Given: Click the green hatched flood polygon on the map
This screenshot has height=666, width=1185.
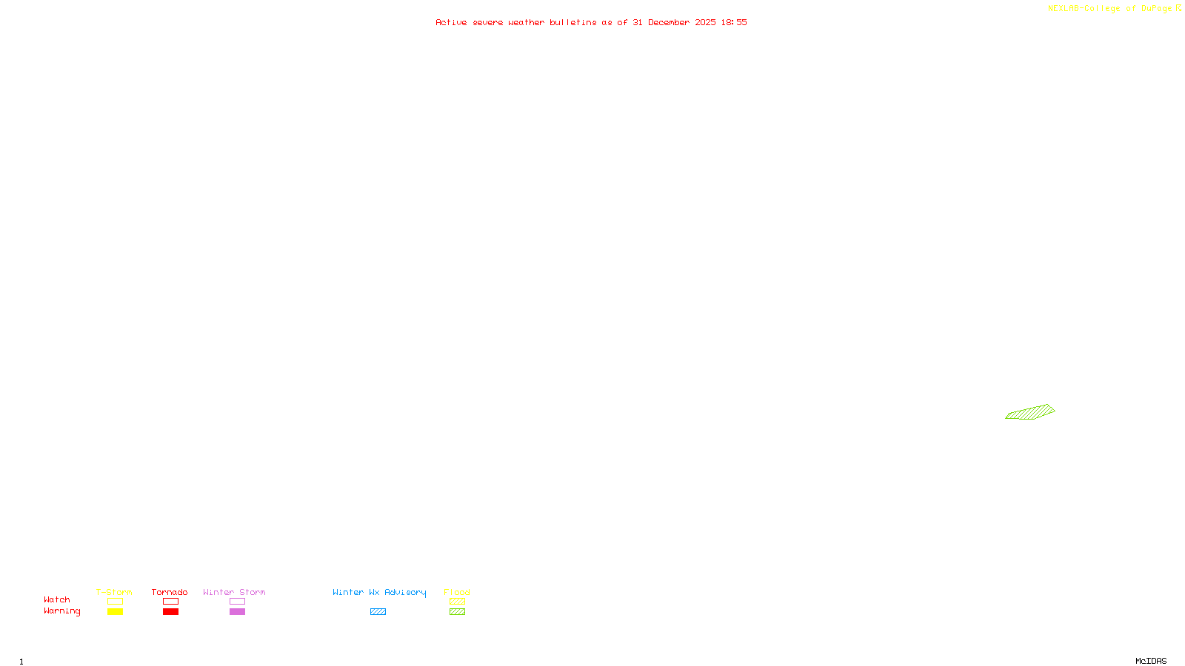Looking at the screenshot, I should coord(1031,412).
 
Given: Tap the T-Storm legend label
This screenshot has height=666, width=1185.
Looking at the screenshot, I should coord(114,592).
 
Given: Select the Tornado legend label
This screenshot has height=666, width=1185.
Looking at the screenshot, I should coord(170,592).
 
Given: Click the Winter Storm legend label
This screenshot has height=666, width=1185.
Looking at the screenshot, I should coord(234,592).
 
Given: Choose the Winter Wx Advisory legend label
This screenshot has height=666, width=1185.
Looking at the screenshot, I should coord(379,592).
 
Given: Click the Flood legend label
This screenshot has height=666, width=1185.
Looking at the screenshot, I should coord(457,592).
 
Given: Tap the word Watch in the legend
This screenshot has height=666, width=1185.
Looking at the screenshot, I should coord(57,599).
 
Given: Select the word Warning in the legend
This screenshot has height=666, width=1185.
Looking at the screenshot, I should coord(62,611).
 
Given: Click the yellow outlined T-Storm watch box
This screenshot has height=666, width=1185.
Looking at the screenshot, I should coord(115,602).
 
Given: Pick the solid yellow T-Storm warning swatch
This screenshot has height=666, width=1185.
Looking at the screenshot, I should coord(115,612).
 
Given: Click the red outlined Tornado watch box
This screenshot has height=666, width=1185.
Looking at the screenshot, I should coord(170,602).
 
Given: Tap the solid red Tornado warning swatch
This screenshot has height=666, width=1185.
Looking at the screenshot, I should coord(170,612).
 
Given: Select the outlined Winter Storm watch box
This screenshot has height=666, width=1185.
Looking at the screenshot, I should coord(237,602).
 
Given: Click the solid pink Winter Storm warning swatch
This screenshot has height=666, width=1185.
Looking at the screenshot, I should coord(237,612).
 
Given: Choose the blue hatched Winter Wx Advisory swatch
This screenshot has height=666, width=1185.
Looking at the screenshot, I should coord(378,612).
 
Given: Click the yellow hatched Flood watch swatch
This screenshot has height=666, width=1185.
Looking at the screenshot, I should coord(457,602).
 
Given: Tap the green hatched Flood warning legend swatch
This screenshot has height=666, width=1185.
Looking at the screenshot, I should coord(457,612).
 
